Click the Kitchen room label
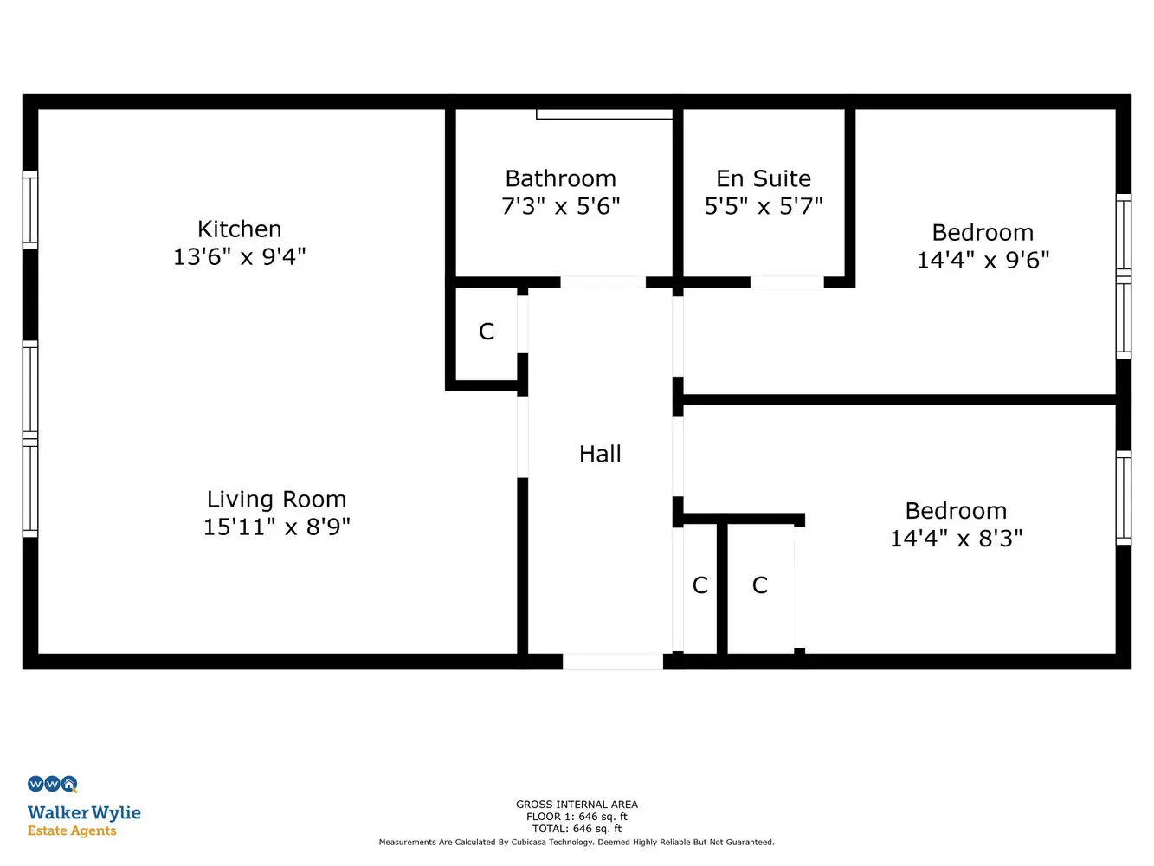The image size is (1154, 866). click(x=239, y=229)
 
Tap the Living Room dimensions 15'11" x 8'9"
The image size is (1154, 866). click(x=276, y=527)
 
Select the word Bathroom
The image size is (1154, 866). click(x=560, y=178)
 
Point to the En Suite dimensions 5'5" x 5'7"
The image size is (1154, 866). click(x=764, y=205)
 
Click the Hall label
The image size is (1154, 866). click(x=600, y=454)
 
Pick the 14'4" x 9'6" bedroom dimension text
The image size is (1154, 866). click(x=983, y=260)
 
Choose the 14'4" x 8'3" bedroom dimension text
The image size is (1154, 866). click(x=956, y=538)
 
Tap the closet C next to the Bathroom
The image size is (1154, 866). click(x=487, y=332)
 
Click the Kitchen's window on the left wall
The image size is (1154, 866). click(x=30, y=210)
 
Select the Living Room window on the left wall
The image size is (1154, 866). click(x=30, y=439)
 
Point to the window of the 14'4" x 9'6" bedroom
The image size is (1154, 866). click(x=1124, y=276)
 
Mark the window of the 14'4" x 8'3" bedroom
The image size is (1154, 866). click(x=1124, y=498)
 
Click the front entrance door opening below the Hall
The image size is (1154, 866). click(x=612, y=662)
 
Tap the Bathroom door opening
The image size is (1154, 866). click(x=603, y=281)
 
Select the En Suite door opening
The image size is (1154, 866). click(x=787, y=281)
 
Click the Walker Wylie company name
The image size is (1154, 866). click(x=84, y=813)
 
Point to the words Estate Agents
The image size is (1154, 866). click(x=72, y=830)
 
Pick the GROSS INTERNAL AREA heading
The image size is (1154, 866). click(x=577, y=805)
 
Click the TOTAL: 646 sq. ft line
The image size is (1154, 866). click(x=577, y=829)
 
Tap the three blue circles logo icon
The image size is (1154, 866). click(x=53, y=784)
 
